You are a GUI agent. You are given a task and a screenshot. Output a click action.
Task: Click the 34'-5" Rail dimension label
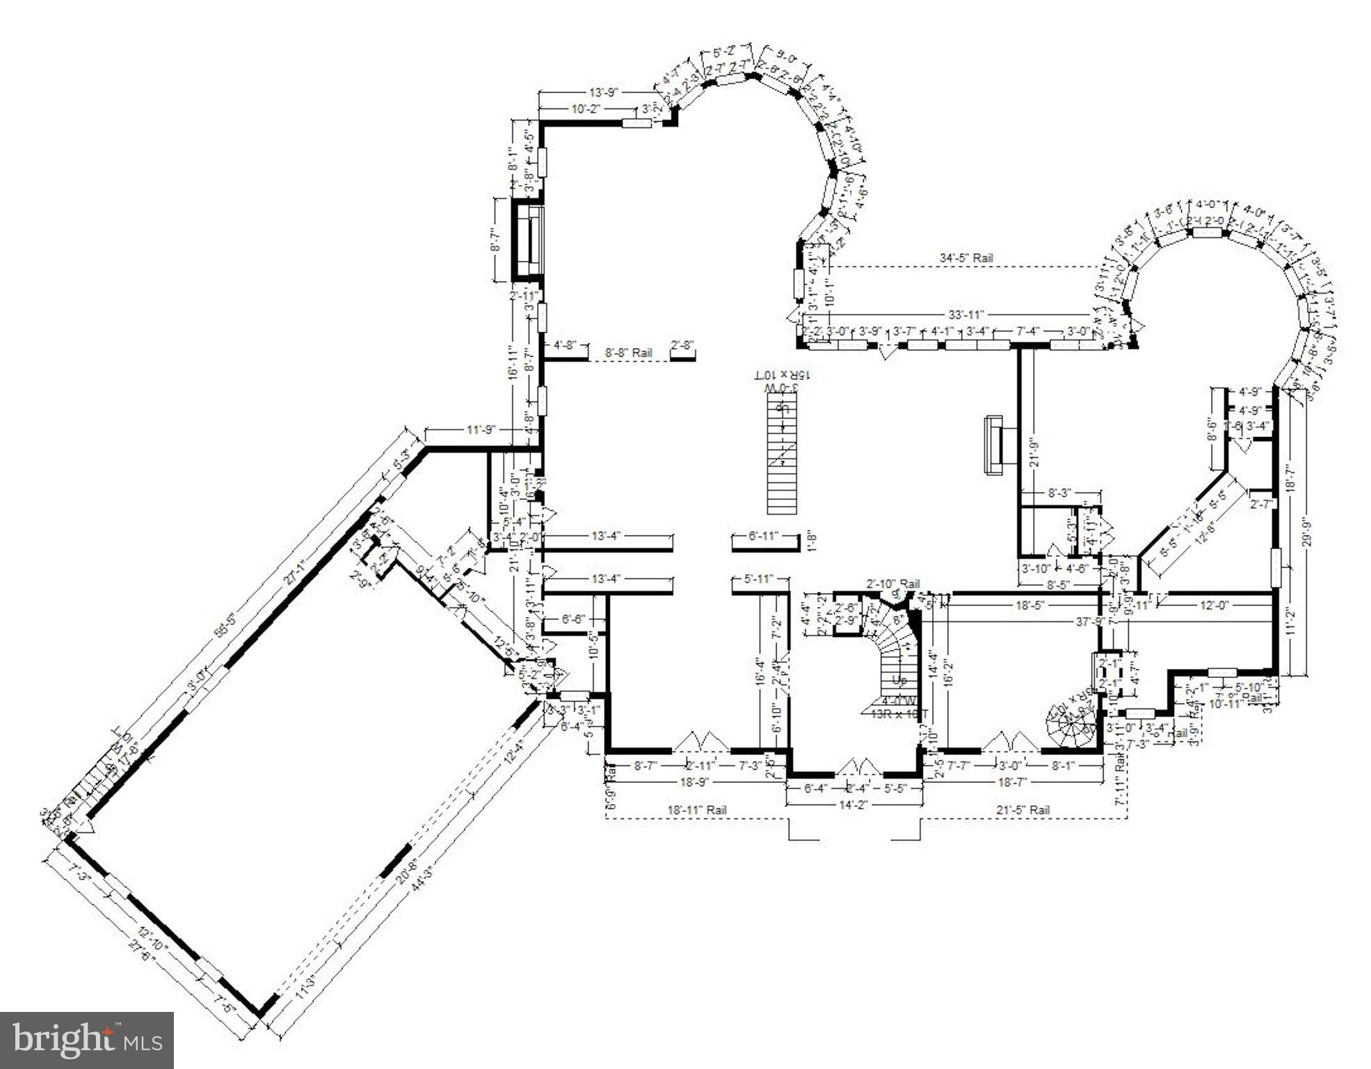click(966, 258)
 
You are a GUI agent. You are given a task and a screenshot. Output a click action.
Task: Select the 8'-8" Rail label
click(629, 353)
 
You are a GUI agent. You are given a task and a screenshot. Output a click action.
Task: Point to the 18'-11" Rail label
click(697, 810)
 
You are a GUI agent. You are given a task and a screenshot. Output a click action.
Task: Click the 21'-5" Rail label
click(1023, 810)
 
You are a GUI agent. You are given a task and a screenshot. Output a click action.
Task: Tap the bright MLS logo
click(87, 1040)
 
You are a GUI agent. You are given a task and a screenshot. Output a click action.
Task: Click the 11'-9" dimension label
click(480, 430)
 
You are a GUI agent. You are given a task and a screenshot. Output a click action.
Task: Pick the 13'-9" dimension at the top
click(603, 92)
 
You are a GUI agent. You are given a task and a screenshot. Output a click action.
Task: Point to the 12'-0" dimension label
click(1214, 605)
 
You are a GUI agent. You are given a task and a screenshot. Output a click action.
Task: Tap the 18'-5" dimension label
click(1027, 605)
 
